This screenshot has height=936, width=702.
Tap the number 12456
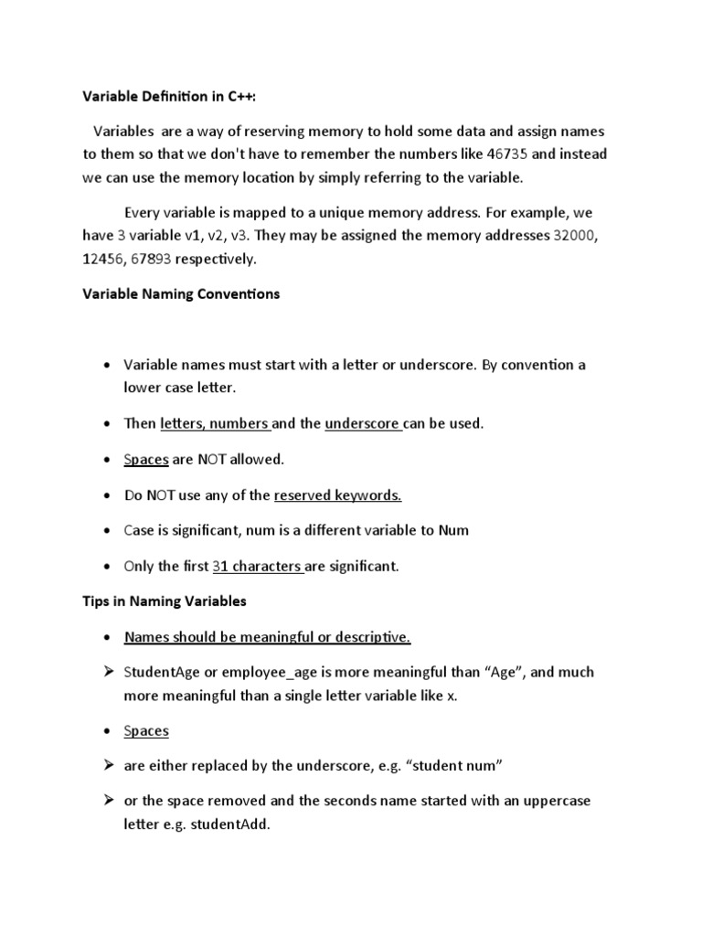tap(106, 259)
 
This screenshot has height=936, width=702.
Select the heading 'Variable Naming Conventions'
tap(181, 295)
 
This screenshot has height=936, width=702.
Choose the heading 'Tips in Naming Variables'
tap(164, 601)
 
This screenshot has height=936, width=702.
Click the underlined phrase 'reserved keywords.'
tap(338, 495)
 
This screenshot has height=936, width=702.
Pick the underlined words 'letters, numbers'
tap(215, 424)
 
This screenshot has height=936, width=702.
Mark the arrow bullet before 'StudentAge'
tap(107, 672)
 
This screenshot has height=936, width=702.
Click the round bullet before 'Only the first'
tap(108, 567)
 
